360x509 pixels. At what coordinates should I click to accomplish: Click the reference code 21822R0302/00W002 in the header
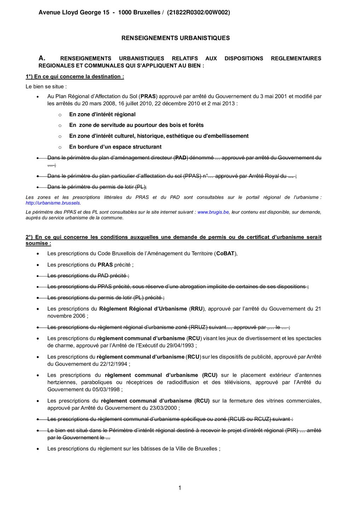[x=198, y=12]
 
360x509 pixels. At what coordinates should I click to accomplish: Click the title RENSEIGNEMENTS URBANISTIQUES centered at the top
[x=175, y=38]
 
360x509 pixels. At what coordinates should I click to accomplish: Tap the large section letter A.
[x=42, y=58]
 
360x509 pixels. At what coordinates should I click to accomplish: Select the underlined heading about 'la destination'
[x=75, y=77]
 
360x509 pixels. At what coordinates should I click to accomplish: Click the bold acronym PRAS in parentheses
[x=148, y=96]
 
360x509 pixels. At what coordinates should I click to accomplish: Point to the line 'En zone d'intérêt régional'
[x=102, y=114]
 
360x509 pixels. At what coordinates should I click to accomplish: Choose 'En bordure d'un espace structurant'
[x=115, y=147]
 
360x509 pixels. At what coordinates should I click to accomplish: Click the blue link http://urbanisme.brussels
[x=53, y=203]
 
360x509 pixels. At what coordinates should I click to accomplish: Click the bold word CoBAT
[x=225, y=253]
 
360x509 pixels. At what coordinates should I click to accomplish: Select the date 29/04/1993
[x=182, y=345]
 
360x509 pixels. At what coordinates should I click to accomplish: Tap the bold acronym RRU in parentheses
[x=197, y=309]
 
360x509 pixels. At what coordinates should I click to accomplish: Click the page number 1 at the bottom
[x=180, y=488]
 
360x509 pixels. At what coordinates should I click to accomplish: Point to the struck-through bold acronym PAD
[x=181, y=158]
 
